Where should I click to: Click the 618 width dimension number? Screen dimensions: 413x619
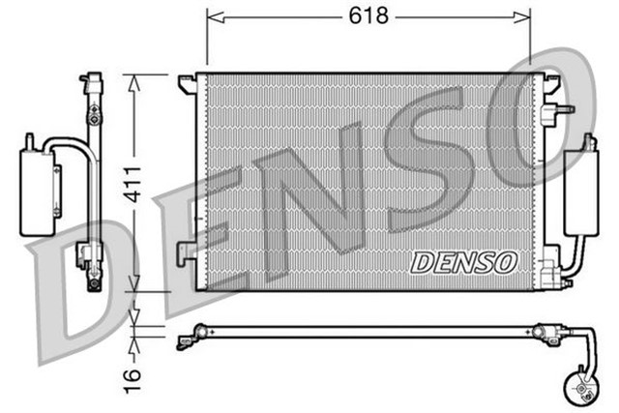tap(368, 16)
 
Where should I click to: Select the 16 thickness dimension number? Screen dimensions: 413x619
tap(133, 373)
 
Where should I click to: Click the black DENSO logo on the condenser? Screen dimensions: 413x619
tap(464, 261)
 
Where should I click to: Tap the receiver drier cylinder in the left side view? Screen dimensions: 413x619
tap(36, 189)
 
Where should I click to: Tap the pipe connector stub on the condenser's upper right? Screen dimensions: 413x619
tap(560, 110)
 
